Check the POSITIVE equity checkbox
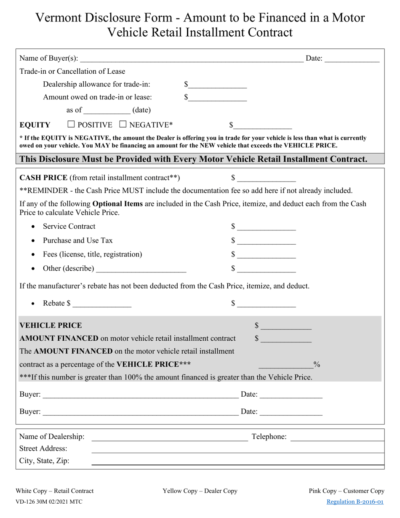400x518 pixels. tap(71, 124)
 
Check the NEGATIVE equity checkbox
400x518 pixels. tap(123, 124)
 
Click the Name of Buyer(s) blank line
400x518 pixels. tap(192, 59)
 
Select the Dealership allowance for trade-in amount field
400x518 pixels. tap(217, 85)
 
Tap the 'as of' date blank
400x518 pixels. tap(107, 111)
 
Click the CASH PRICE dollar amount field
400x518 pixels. tap(266, 179)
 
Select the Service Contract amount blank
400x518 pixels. tap(266, 227)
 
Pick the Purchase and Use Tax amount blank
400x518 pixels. tap(266, 241)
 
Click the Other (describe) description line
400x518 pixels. tap(141, 269)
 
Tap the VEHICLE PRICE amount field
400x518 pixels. tap(286, 326)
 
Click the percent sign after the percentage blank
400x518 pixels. tap(317, 364)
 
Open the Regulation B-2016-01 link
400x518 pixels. tap(355, 502)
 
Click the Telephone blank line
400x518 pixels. tap(337, 437)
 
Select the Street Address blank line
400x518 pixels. tap(238, 449)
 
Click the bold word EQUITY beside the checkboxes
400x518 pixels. tap(35, 125)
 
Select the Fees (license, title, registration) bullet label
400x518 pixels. tap(92, 254)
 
